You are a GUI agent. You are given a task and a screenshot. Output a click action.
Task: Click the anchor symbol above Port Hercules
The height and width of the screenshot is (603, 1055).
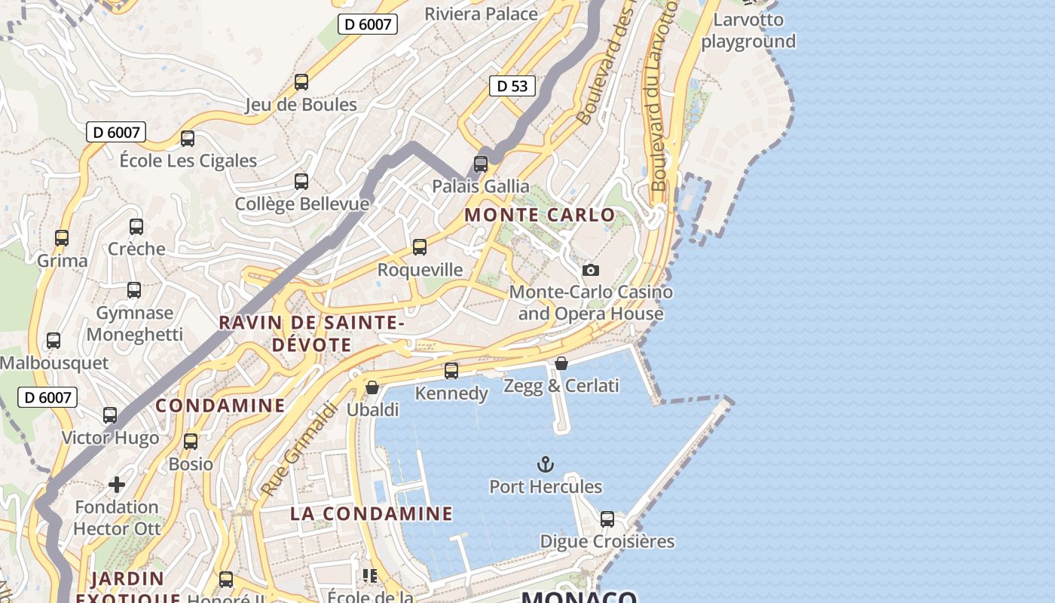(x=545, y=464)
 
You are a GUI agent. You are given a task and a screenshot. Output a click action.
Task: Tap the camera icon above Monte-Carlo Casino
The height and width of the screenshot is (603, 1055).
(x=591, y=270)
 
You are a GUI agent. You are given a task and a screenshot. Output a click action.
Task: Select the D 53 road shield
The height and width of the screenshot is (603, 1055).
(x=512, y=86)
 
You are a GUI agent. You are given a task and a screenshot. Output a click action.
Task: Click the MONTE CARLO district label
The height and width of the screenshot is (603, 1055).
(x=540, y=215)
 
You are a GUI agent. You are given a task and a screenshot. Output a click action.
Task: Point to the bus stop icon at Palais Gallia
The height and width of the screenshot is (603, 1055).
(x=481, y=164)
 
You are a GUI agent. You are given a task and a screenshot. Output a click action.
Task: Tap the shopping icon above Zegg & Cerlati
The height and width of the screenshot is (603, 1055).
(x=561, y=363)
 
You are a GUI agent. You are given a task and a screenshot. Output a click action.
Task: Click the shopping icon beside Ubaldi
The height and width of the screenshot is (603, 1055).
(x=372, y=387)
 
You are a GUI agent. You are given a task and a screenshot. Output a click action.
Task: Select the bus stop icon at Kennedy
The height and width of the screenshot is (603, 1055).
(x=451, y=370)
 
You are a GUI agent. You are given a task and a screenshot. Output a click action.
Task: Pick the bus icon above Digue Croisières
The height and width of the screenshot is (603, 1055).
(x=607, y=519)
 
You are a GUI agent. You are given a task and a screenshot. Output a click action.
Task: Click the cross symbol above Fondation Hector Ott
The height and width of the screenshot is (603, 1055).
(x=117, y=483)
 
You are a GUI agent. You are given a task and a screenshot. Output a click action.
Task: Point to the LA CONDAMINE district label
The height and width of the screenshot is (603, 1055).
(x=372, y=514)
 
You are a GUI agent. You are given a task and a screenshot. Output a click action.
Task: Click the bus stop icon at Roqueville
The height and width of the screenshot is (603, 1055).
(x=420, y=246)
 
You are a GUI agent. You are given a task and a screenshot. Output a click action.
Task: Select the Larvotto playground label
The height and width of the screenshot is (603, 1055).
(x=748, y=31)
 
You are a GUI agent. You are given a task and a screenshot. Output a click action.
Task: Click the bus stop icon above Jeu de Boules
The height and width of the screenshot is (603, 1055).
(x=301, y=81)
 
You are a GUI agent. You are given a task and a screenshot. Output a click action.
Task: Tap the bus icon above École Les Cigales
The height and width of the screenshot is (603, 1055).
(x=188, y=138)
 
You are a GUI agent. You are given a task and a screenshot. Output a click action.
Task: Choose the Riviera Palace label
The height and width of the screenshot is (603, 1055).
(x=481, y=14)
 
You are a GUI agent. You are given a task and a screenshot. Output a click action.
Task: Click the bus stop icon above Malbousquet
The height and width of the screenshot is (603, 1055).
(x=54, y=340)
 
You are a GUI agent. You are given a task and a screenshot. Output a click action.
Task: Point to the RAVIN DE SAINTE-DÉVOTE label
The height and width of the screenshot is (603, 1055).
(x=312, y=334)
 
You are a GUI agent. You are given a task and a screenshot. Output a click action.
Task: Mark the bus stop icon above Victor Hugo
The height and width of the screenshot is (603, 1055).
(x=110, y=415)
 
